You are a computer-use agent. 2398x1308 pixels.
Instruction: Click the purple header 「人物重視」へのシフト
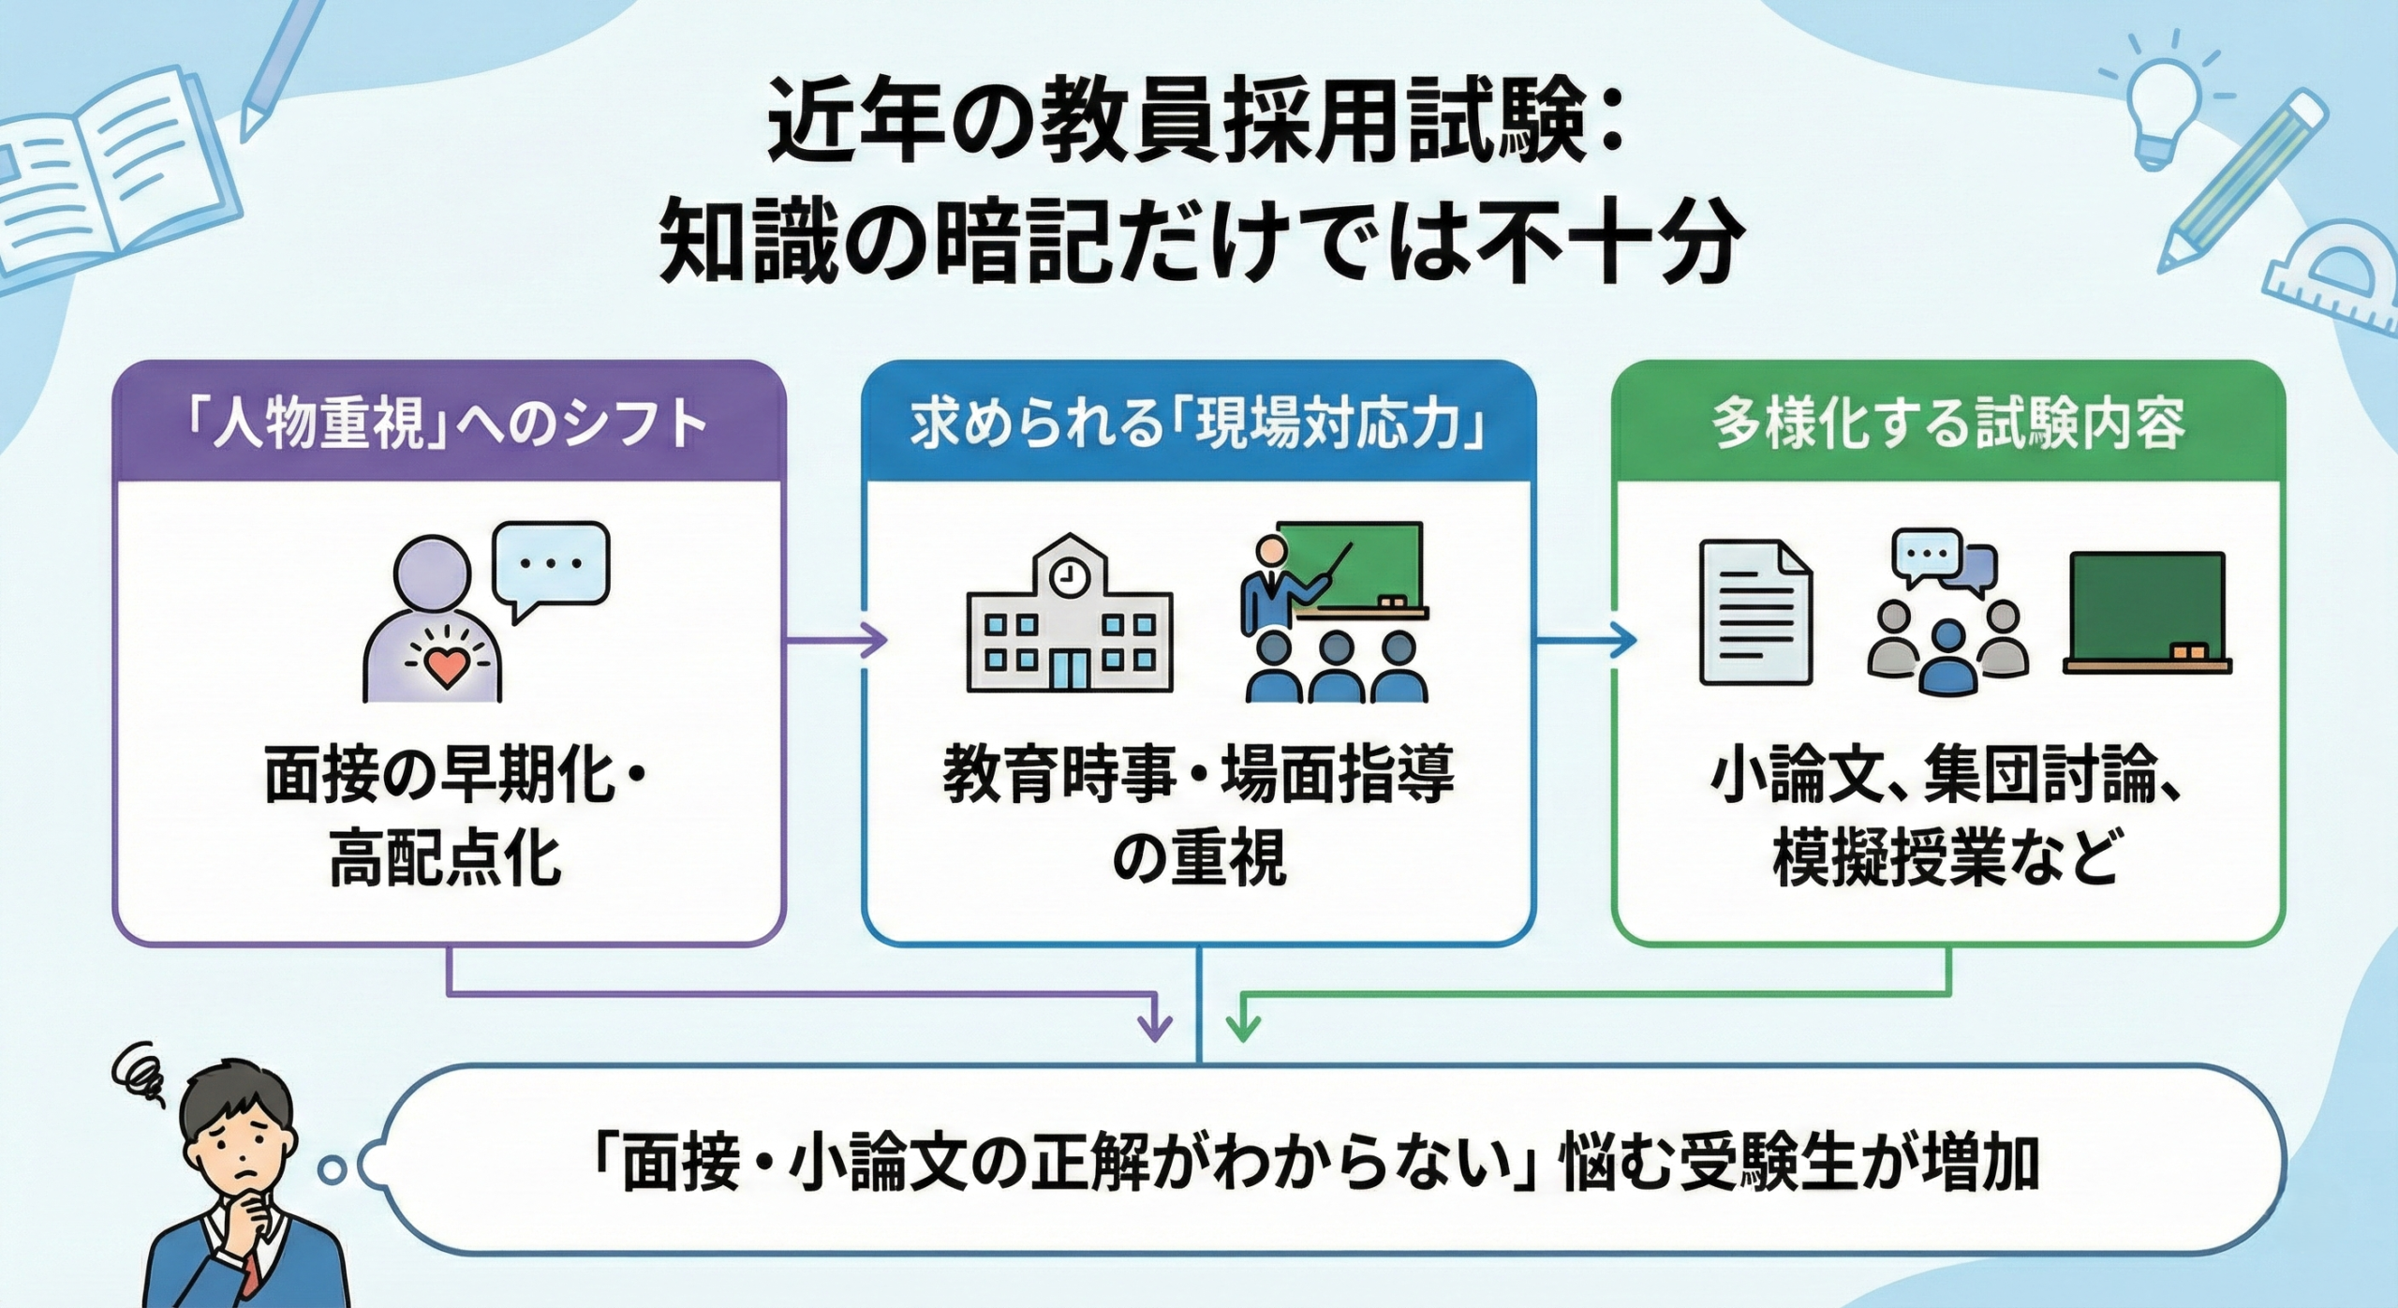coord(448,424)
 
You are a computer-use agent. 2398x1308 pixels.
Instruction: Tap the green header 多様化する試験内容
coord(1948,424)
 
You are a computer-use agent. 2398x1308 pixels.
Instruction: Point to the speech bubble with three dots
coord(552,568)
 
